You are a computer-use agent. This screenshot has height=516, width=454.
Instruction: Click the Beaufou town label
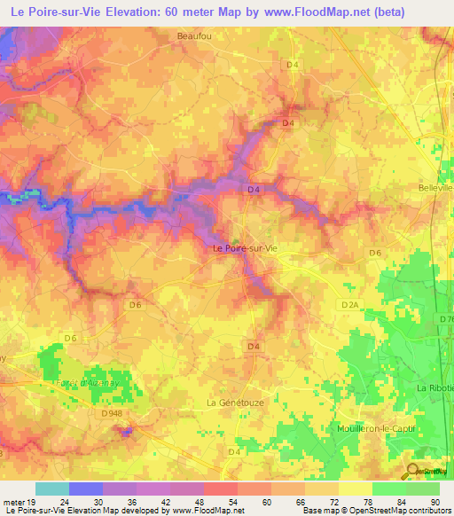pyautogui.click(x=192, y=37)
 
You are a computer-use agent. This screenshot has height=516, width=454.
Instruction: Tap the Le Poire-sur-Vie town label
pyautogui.click(x=246, y=249)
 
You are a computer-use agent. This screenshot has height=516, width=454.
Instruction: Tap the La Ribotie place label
pyautogui.click(x=434, y=388)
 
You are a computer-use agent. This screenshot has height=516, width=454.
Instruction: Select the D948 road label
pyautogui.click(x=112, y=412)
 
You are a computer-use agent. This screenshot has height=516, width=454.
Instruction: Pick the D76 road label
pyautogui.click(x=444, y=318)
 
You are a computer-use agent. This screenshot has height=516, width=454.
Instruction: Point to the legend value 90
pyautogui.click(x=434, y=501)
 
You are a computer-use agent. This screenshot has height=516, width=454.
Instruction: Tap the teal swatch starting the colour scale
pyautogui.click(x=51, y=489)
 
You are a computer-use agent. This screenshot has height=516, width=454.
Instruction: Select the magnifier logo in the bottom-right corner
pyautogui.click(x=413, y=472)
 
